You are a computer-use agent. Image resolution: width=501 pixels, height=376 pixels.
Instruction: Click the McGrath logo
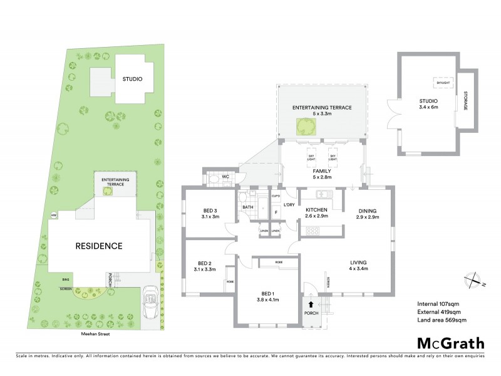pyautogui.click(x=451, y=343)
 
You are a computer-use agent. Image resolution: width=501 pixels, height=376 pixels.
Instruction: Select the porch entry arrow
pyautogui.click(x=311, y=305)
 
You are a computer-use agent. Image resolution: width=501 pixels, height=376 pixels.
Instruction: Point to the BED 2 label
pyautogui.click(x=206, y=266)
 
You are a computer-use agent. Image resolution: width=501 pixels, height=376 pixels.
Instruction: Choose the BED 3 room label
pyautogui.click(x=210, y=213)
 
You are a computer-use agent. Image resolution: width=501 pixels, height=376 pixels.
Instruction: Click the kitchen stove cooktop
pyautogui.click(x=311, y=231)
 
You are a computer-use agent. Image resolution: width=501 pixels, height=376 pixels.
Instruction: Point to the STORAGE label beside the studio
pyautogui.click(x=465, y=101)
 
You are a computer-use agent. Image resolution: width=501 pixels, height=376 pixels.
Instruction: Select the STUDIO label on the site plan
pyautogui.click(x=132, y=79)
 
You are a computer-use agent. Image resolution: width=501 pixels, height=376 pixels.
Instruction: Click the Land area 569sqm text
pyautogui.click(x=442, y=321)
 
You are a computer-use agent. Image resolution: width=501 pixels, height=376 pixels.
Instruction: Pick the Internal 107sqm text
pyautogui.click(x=438, y=305)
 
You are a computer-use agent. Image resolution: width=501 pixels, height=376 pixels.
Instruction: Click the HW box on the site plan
pyautogui.click(x=54, y=216)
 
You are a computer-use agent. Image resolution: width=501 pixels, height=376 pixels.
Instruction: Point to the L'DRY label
pyautogui.click(x=289, y=205)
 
